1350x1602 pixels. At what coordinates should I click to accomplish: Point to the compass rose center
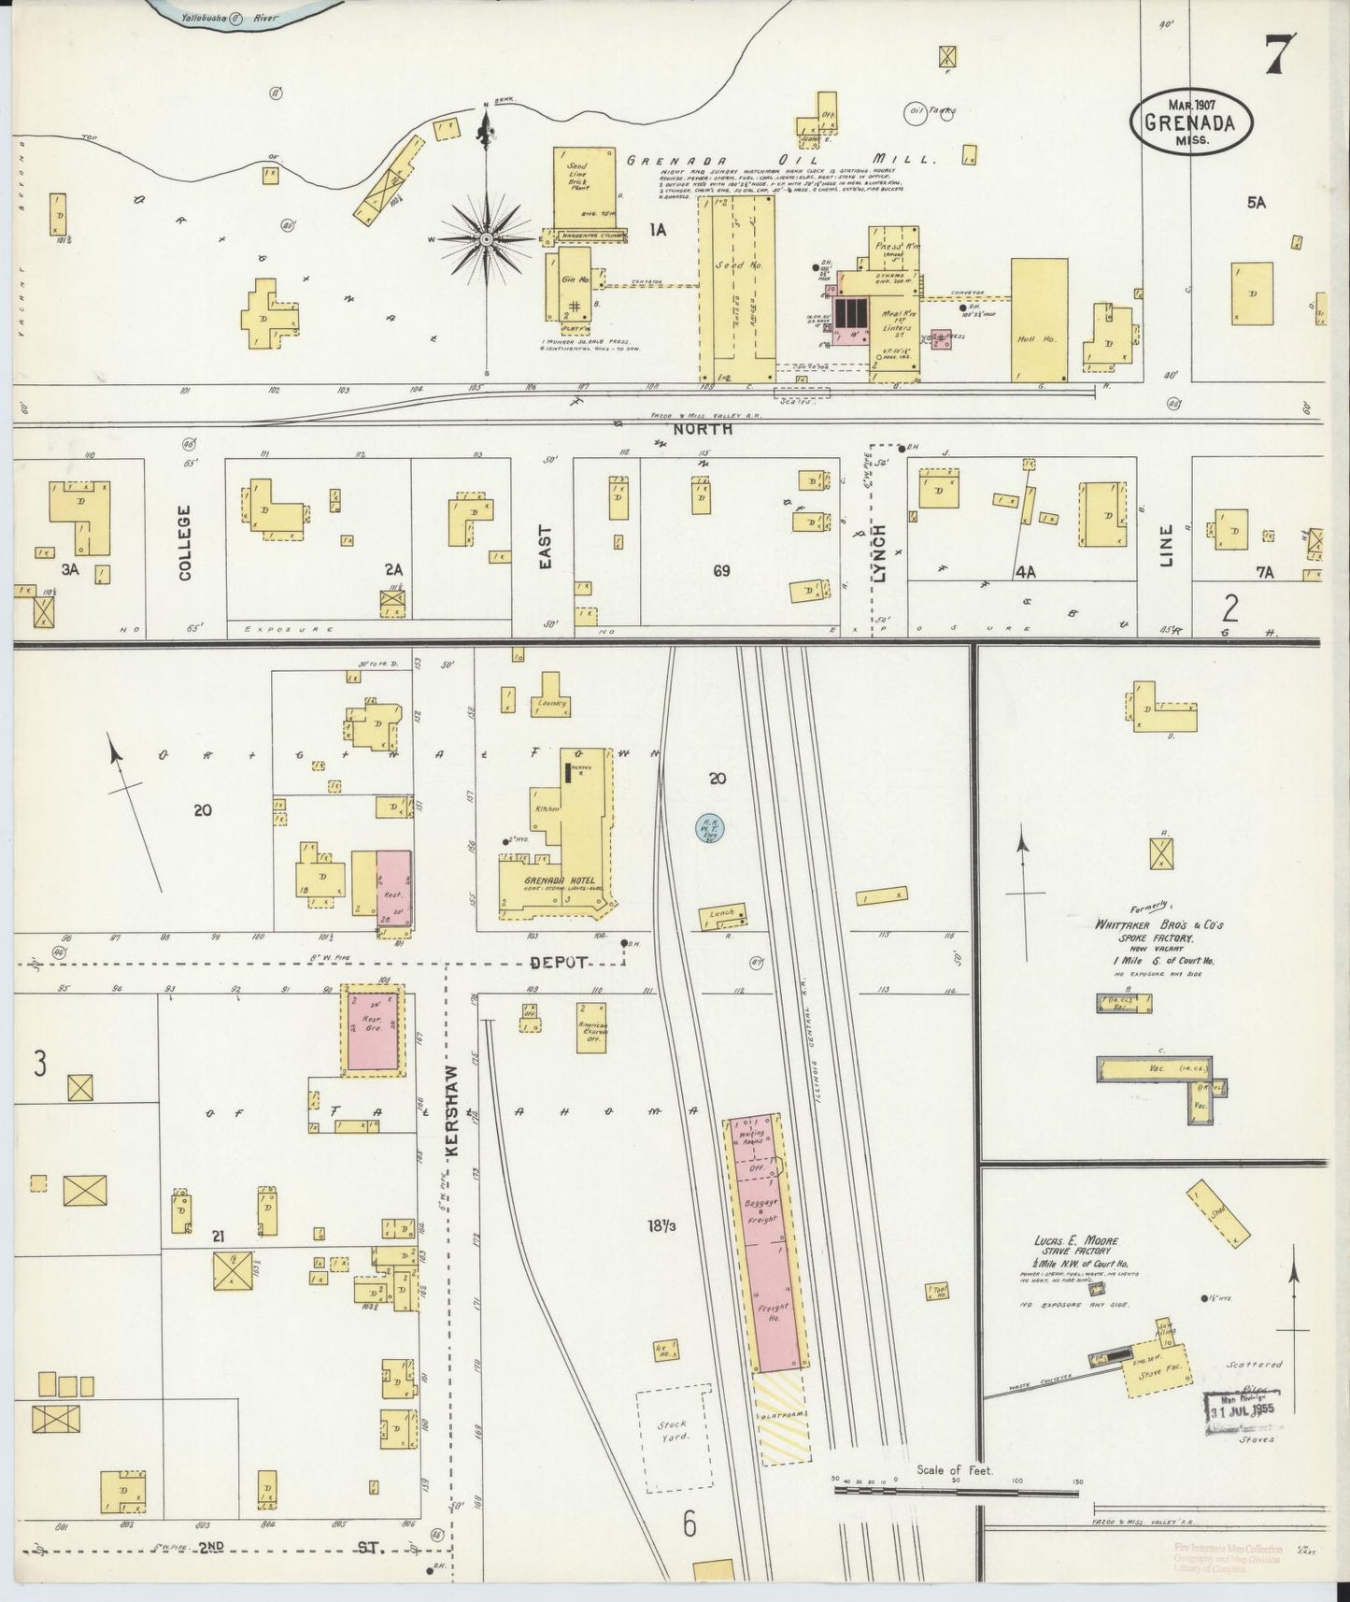pos(486,240)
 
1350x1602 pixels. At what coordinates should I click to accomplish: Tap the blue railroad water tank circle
pos(710,826)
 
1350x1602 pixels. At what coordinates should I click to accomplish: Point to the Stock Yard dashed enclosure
pos(673,1438)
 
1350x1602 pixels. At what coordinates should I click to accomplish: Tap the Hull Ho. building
pos(1039,320)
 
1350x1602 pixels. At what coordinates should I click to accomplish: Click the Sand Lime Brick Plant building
pos(583,187)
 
